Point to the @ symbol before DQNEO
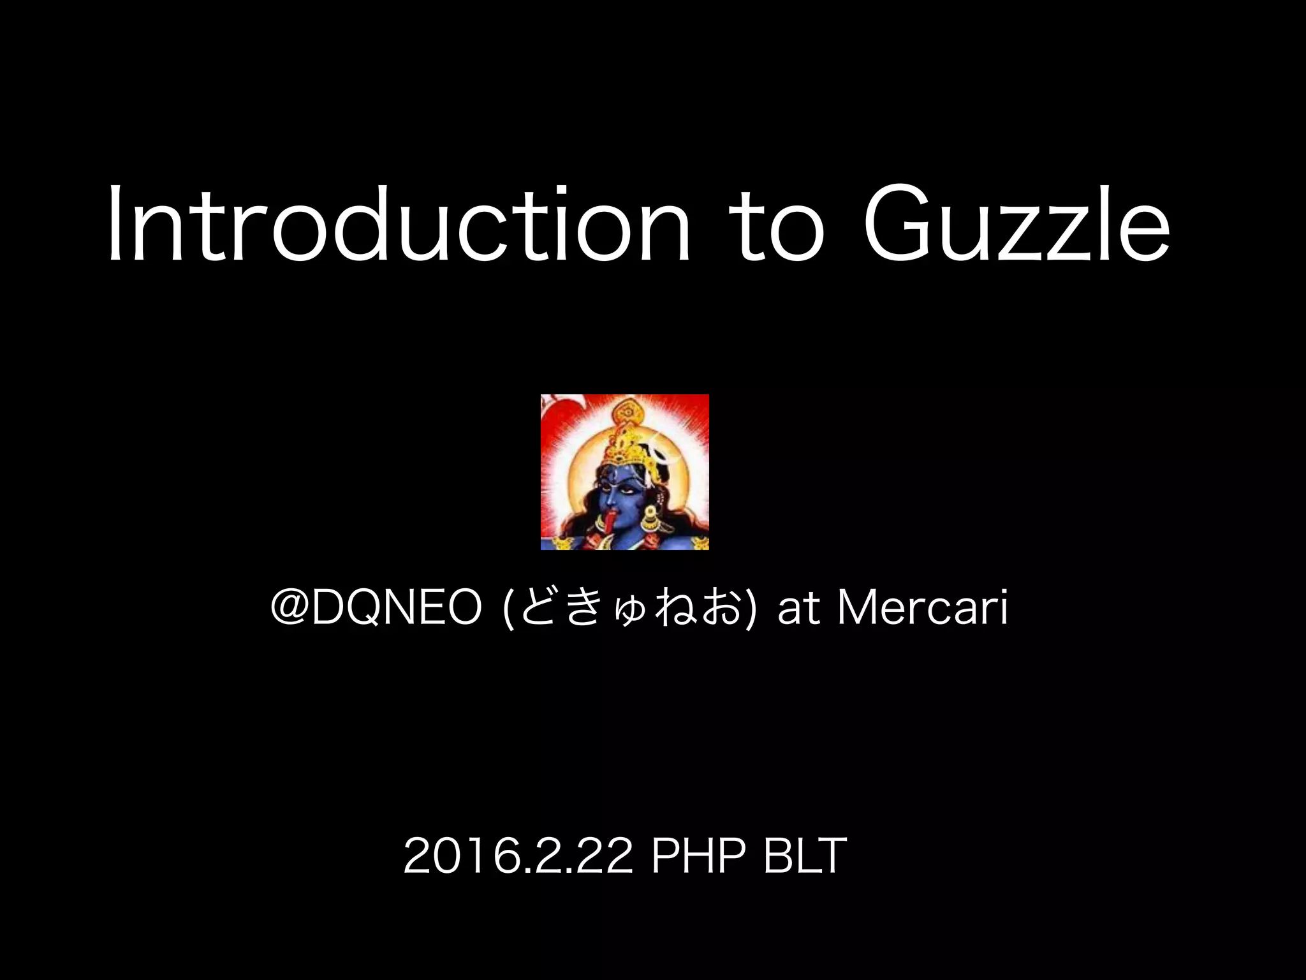[289, 607]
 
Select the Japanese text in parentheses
[630, 608]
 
